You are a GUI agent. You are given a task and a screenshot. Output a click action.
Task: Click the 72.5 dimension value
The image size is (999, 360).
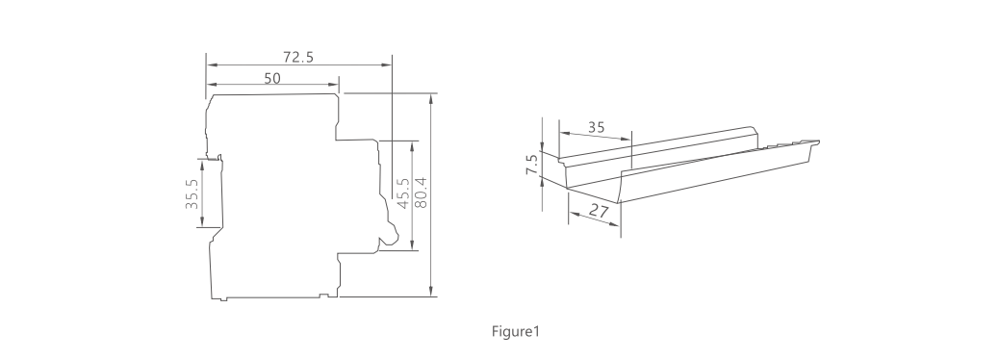coord(298,57)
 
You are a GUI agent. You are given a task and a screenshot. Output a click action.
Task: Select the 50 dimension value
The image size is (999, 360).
coord(272,78)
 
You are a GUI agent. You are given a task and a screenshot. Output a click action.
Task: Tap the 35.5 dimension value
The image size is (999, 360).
coord(192,193)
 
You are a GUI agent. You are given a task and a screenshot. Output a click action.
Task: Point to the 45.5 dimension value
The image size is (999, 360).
coord(402,193)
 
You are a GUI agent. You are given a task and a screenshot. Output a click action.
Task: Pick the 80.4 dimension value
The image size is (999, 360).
coord(421,192)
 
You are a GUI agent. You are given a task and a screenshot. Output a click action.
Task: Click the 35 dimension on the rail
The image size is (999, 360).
coord(596,127)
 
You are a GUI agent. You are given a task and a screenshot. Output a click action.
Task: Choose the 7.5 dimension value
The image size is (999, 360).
coord(532,164)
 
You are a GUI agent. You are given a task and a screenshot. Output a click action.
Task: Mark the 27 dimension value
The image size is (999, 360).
coord(599,211)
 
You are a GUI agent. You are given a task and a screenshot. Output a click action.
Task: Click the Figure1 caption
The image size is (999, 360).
coord(516,331)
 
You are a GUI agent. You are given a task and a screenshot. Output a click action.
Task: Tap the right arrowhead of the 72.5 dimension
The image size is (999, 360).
coord(387,64)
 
